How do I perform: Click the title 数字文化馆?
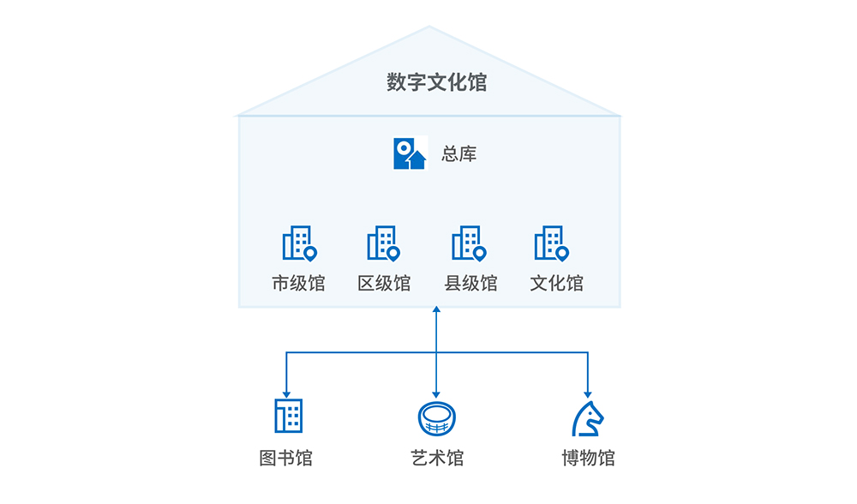pos(436,82)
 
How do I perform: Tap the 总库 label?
pos(459,154)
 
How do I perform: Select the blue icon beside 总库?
pos(410,153)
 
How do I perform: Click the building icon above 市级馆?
pos(299,243)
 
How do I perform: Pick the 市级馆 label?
pos(298,284)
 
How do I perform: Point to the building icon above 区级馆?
pos(383,243)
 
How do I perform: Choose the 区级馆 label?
pos(384,284)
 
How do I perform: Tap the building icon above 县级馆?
pos(469,243)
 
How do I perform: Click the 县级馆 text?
pos(470,284)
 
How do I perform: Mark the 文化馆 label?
pos(556,284)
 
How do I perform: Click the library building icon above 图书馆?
pos(288,416)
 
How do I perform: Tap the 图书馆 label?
pos(286,459)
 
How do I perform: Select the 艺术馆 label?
pos(436,459)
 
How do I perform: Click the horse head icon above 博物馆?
pos(587,417)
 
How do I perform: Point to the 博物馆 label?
pos(588,459)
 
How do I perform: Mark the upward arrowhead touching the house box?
pos(436,312)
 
